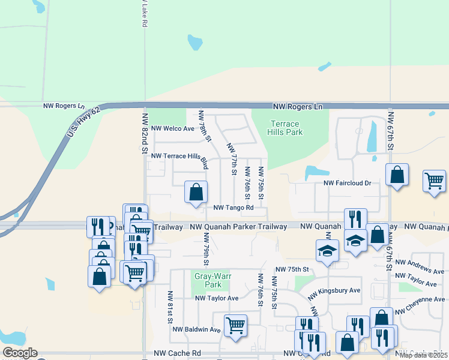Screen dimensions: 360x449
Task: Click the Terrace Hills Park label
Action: (x=286, y=128)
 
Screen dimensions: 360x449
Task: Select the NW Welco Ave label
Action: (x=173, y=128)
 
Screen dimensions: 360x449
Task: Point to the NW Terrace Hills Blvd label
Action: (x=180, y=158)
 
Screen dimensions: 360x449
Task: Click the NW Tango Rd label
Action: (x=234, y=208)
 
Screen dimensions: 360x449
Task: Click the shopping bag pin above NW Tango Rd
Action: (x=196, y=193)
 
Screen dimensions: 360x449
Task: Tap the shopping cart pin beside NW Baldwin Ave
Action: (x=235, y=326)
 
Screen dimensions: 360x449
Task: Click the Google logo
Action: (x=20, y=353)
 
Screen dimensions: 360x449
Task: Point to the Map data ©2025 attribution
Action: (x=423, y=355)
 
